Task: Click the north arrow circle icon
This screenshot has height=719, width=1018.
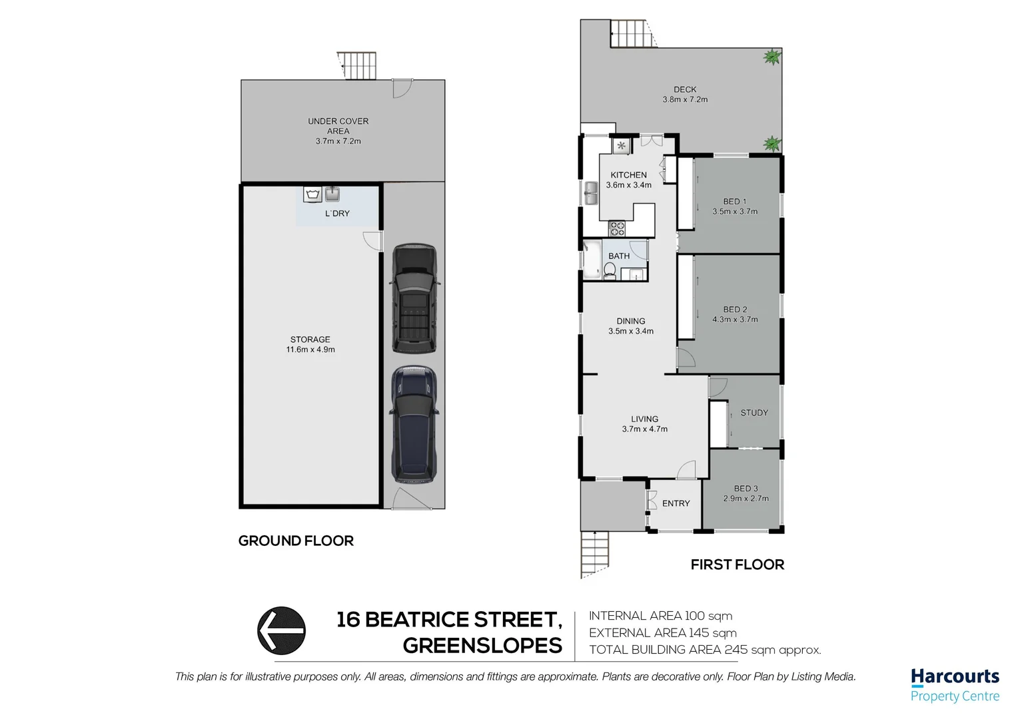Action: click(281, 630)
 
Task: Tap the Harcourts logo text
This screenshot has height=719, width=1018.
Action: click(955, 676)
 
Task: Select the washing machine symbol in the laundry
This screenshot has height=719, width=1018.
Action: click(312, 194)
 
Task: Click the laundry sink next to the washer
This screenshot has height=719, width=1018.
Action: click(332, 194)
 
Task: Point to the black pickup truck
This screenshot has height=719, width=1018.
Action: click(414, 299)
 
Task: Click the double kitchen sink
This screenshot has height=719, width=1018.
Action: click(590, 194)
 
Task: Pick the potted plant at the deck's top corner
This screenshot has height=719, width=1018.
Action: click(771, 57)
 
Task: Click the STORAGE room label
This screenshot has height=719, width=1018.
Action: click(310, 340)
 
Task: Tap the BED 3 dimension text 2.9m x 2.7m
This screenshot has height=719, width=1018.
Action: click(746, 499)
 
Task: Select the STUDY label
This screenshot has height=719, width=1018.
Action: click(754, 413)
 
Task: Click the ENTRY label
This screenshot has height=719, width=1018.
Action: click(676, 503)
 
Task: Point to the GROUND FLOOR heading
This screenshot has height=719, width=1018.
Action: click(296, 541)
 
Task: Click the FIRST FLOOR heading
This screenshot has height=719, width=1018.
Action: click(737, 565)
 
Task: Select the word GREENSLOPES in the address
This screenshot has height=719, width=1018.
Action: click(482, 646)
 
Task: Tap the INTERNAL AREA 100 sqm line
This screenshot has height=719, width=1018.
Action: click(660, 616)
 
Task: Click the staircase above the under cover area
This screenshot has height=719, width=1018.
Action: click(357, 65)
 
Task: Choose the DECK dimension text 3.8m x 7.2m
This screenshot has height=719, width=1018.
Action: click(685, 100)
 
